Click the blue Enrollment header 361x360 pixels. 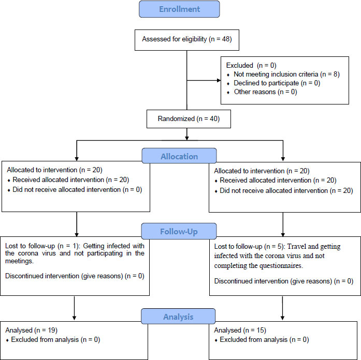coord(179,9)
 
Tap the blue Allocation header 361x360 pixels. coord(179,156)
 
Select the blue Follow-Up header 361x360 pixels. coord(179,231)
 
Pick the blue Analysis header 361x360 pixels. coord(178,317)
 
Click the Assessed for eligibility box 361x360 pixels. coord(187,40)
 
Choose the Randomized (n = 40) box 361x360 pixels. coord(189,119)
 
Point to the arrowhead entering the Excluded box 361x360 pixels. coord(219,81)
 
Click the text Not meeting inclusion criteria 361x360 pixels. coord(276,74)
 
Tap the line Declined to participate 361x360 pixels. coord(277,83)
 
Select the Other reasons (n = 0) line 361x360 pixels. coord(266,92)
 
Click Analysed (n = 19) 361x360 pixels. coord(31,331)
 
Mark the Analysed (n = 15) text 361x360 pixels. coord(240,331)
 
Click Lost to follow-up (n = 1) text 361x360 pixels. coord(42,246)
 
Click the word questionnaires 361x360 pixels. coord(281,266)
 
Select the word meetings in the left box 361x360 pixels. coord(19,261)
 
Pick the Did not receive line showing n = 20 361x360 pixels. coord(286,190)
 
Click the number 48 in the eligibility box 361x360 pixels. coord(226,39)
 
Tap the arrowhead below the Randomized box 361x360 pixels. coord(187,138)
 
